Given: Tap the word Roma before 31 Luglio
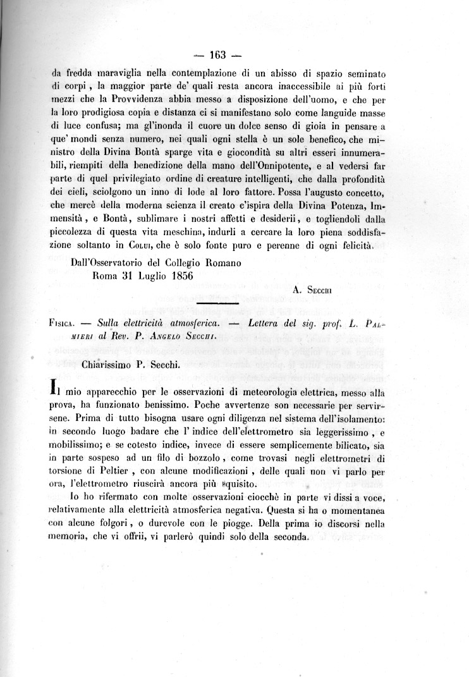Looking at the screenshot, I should (x=105, y=275).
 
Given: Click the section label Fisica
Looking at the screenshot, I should (x=61, y=322).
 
